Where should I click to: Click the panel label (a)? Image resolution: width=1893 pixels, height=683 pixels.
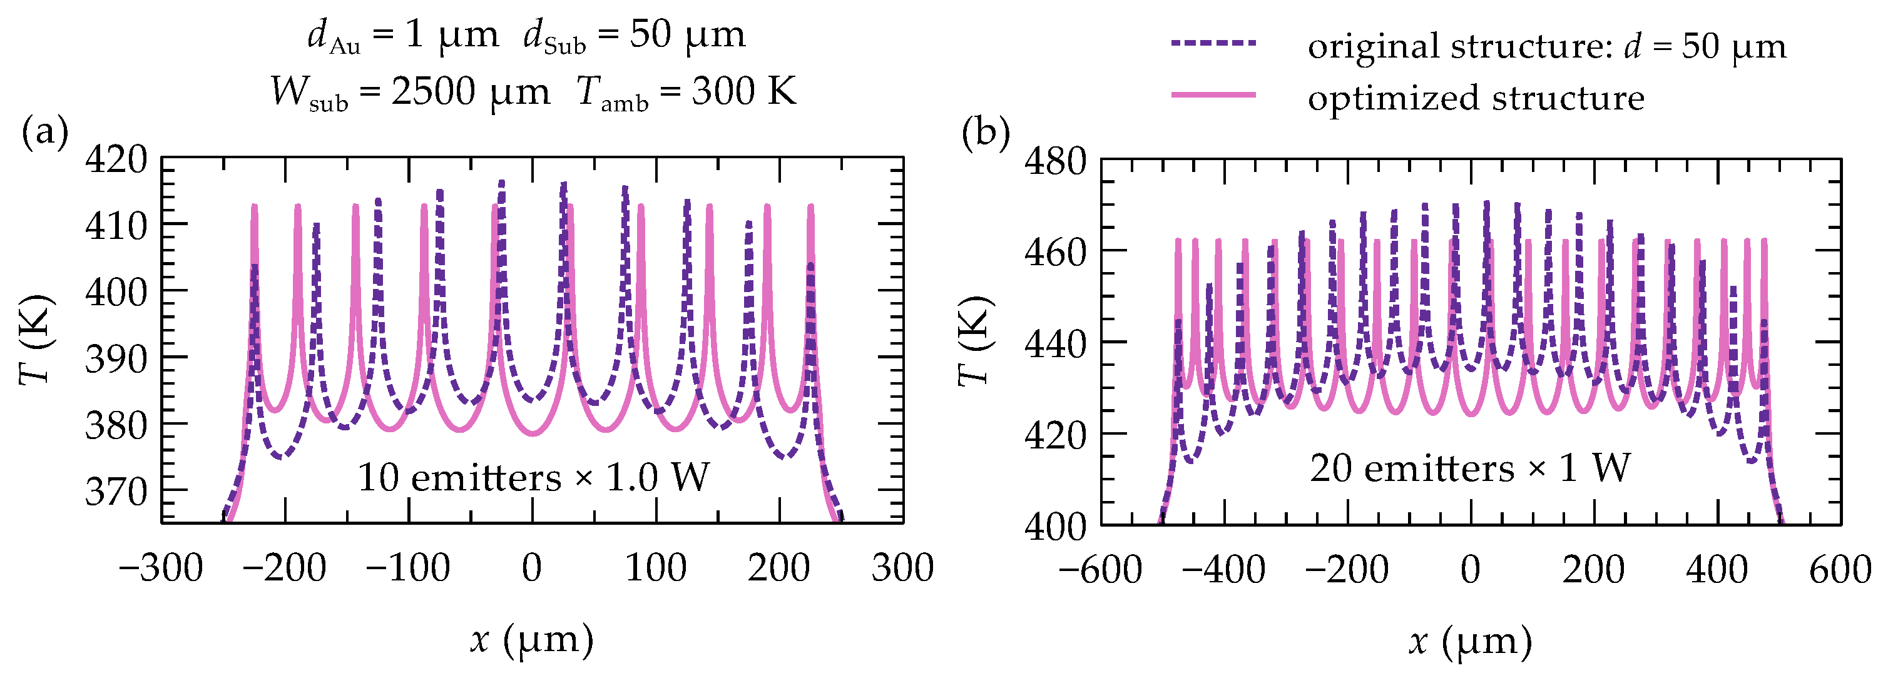click(x=45, y=133)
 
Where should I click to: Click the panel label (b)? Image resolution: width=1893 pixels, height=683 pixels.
click(x=986, y=134)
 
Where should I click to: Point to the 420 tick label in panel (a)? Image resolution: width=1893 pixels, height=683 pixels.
click(x=116, y=159)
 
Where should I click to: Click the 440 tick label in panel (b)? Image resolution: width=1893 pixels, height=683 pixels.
click(x=1055, y=343)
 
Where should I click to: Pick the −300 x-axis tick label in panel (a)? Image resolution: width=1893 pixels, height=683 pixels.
click(x=161, y=568)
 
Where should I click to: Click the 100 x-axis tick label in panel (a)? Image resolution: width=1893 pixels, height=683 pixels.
click(x=655, y=568)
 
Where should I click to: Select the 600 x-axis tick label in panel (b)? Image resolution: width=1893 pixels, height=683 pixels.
click(x=1840, y=569)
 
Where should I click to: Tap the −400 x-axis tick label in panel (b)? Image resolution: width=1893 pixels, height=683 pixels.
click(x=1223, y=569)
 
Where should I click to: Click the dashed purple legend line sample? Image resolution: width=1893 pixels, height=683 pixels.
click(x=1213, y=43)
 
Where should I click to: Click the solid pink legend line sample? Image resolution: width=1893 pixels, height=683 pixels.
click(x=1213, y=94)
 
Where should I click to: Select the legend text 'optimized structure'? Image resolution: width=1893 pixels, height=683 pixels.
click(x=1476, y=97)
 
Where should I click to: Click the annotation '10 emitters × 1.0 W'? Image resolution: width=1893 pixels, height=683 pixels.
click(x=534, y=477)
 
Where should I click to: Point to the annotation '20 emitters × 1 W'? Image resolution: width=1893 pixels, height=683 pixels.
click(x=1470, y=468)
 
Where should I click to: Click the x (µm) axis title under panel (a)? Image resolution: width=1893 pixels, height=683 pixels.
click(x=532, y=639)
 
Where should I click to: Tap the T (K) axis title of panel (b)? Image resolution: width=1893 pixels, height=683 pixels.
click(x=976, y=341)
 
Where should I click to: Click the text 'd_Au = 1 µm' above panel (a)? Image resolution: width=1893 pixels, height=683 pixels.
click(x=403, y=35)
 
